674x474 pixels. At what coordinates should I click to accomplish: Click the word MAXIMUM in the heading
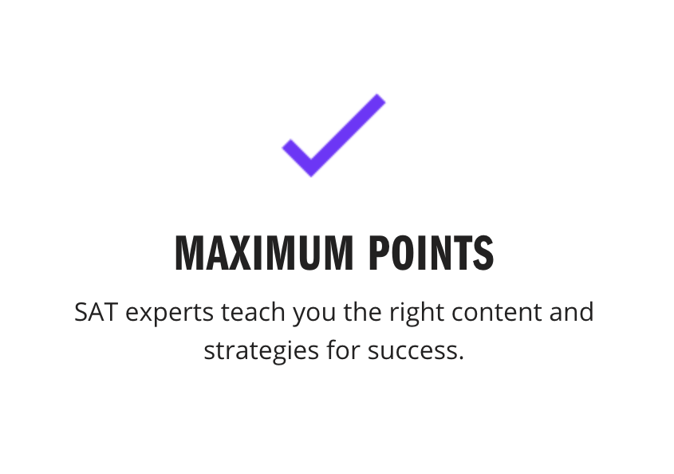point(264,253)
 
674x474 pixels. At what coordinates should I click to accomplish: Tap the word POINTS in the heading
point(432,253)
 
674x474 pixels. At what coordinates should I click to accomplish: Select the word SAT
point(96,312)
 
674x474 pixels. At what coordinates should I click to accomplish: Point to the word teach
point(253,311)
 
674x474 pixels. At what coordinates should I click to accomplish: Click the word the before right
point(362,311)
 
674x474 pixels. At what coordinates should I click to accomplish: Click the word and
point(572,311)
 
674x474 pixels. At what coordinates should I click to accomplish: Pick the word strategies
point(262,351)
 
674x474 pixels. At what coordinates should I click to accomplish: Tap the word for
point(343,350)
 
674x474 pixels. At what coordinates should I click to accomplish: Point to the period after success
point(461,357)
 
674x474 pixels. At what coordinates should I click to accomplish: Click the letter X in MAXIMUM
point(238,253)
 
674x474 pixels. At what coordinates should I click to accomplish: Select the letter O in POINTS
point(401,253)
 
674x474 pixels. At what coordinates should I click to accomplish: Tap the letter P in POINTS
point(378,253)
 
